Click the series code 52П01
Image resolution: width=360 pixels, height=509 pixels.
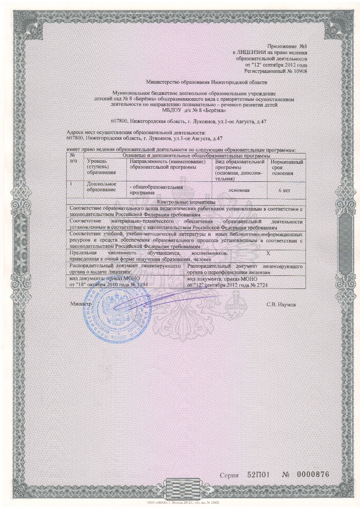[x=259, y=476]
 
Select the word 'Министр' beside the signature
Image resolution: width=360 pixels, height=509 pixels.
[x=81, y=304]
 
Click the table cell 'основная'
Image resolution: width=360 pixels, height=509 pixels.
[x=239, y=190]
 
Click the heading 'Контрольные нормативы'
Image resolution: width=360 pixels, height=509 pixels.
[x=184, y=202]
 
